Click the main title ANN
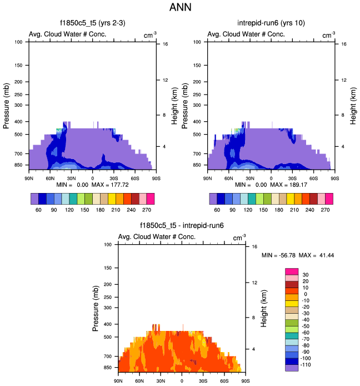[x=179, y=9]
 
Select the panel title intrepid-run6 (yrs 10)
[x=270, y=23]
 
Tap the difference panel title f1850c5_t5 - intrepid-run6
[x=182, y=226]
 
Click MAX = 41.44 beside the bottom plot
[x=317, y=255]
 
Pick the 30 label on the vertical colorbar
[x=306, y=275]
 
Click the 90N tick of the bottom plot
[x=117, y=380]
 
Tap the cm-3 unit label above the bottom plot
[x=239, y=237]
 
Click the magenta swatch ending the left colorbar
[x=151, y=199]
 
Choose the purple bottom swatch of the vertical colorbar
[x=292, y=368]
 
